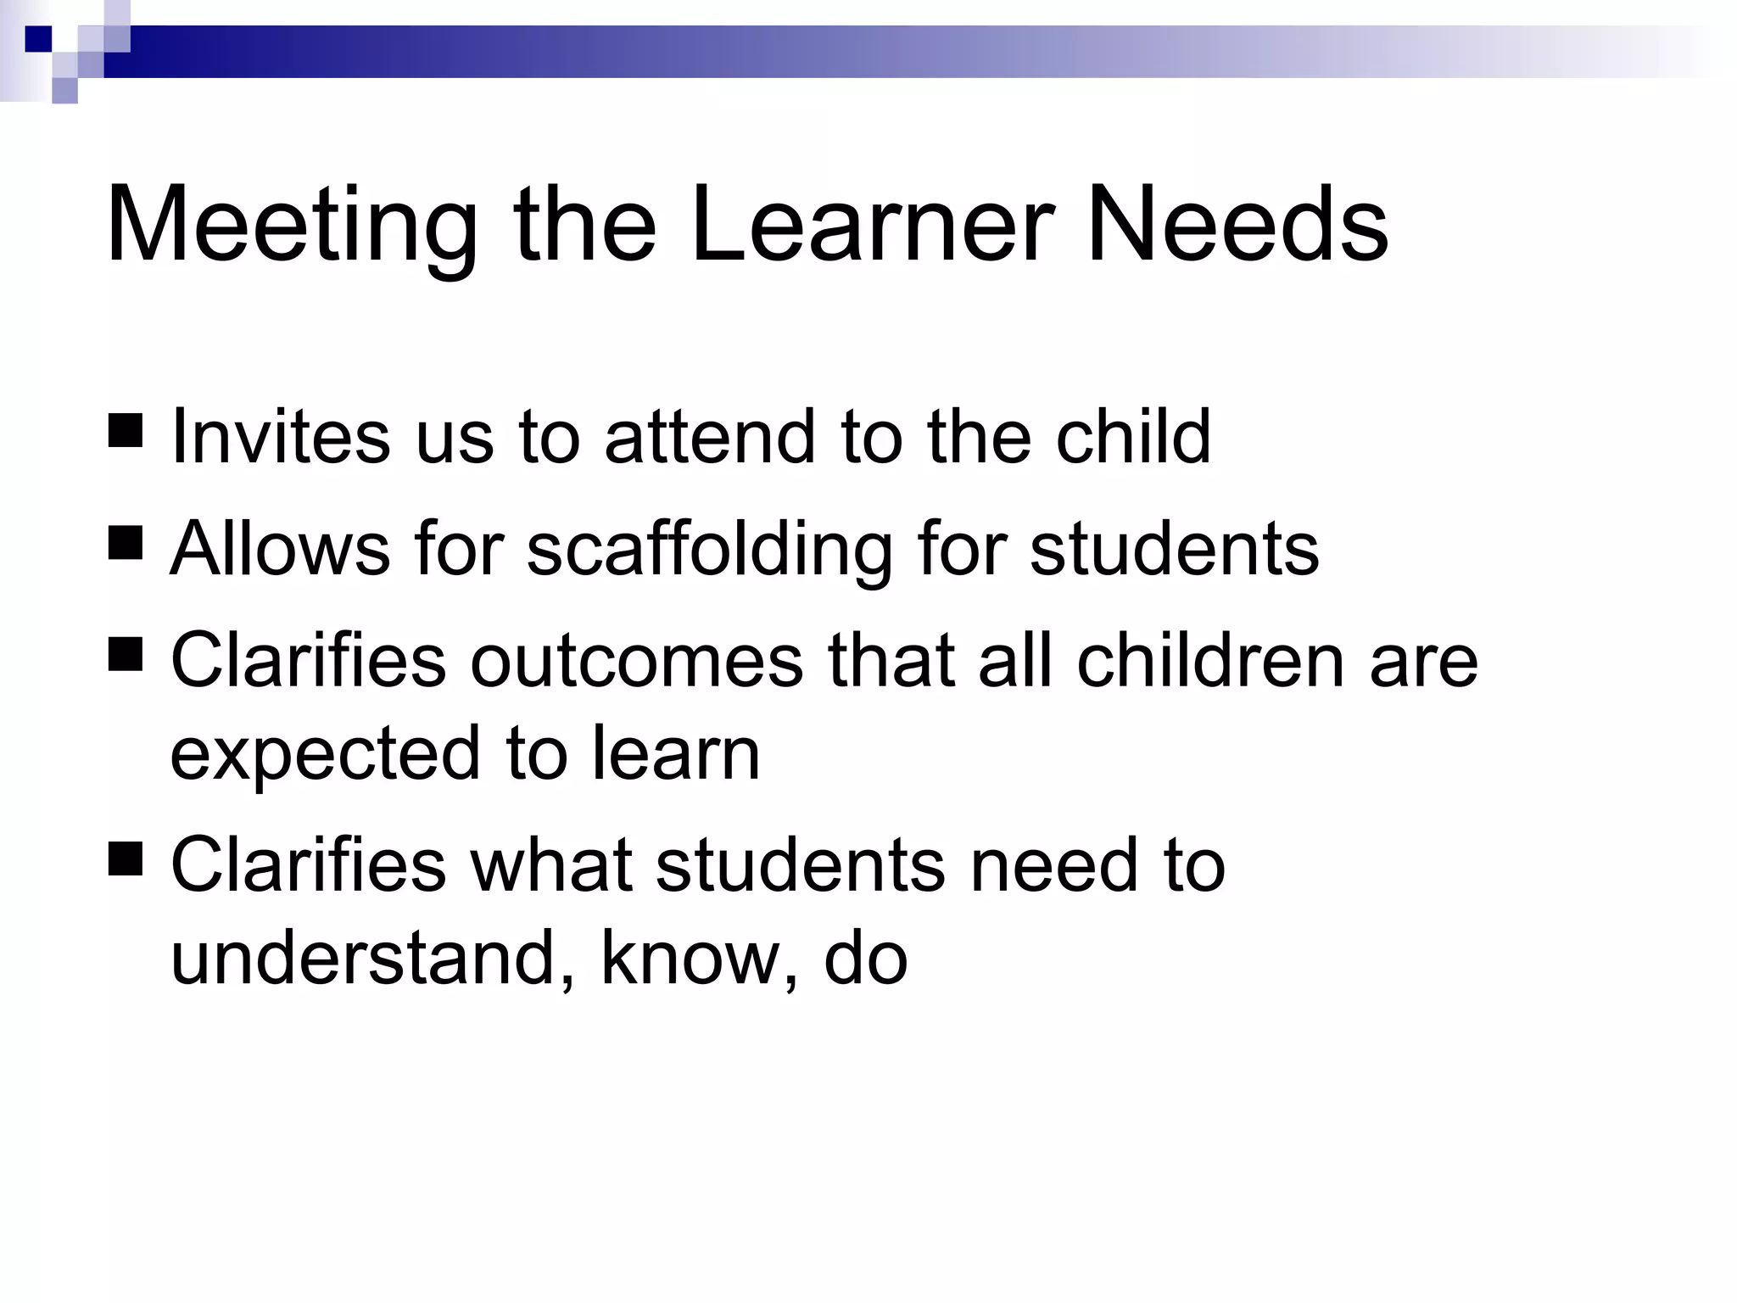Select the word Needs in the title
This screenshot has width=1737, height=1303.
pos(1237,226)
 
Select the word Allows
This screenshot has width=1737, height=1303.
pos(280,548)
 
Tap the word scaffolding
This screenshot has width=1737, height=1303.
pos(709,550)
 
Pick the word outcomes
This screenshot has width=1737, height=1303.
pos(636,660)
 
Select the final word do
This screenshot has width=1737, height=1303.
pos(865,959)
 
